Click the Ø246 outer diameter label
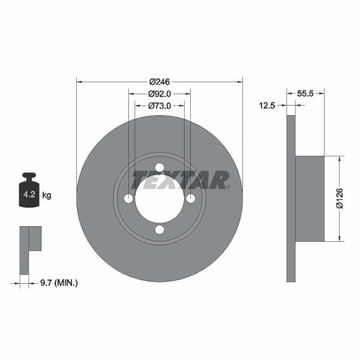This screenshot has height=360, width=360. click(x=160, y=81)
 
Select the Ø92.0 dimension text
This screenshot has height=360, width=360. click(x=160, y=93)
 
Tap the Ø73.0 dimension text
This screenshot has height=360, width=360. click(x=160, y=106)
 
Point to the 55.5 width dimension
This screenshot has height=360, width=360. click(x=307, y=93)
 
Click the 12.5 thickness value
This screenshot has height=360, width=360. click(x=266, y=106)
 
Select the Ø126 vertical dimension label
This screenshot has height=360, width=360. click(x=339, y=199)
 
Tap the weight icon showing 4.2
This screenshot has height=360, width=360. click(x=28, y=191)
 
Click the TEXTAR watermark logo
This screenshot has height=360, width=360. click(x=180, y=179)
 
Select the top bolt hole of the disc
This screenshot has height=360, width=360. click(x=160, y=168)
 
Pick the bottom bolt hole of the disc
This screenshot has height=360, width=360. click(x=160, y=230)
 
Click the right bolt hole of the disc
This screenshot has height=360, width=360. click(x=191, y=199)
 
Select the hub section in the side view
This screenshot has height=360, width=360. click(x=310, y=199)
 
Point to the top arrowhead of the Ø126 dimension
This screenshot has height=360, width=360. click(x=340, y=159)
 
